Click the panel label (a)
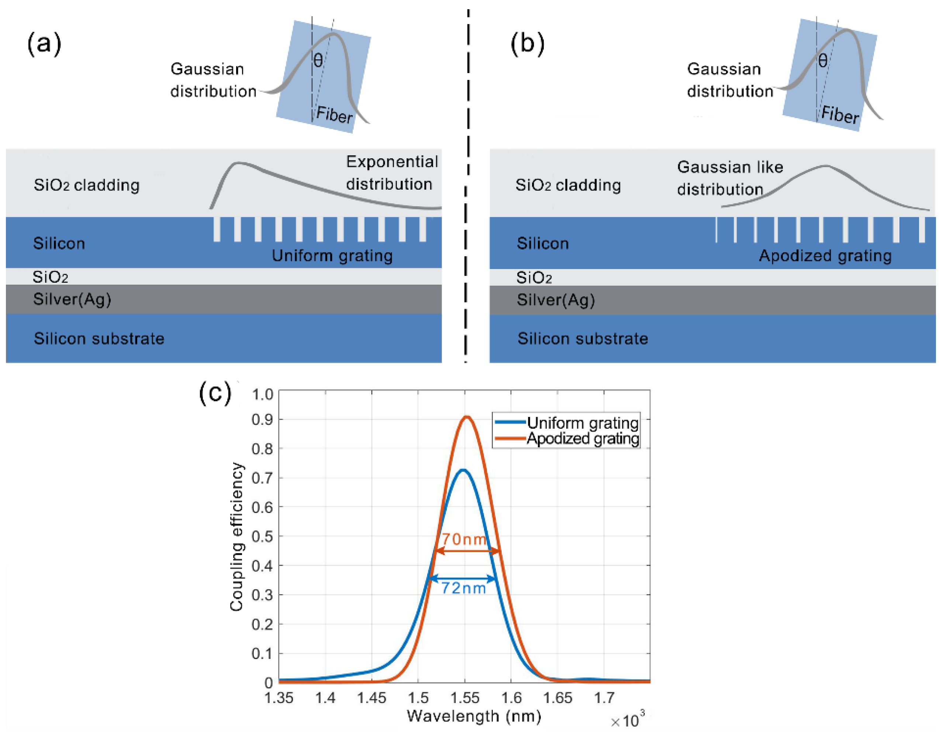44,44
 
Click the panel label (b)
527,44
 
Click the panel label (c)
215,393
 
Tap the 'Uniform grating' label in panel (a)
332,256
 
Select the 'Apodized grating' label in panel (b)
825,256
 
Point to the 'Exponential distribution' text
392,173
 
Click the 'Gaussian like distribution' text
730,178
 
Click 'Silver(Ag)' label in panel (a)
72,299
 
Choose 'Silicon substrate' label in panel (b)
582,339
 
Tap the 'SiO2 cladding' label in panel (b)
568,185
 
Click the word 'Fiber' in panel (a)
334,115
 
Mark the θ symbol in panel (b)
823,61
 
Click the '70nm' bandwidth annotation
464,539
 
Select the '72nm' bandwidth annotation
463,588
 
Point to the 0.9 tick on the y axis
262,420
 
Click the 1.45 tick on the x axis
371,698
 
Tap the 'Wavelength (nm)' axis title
474,716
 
